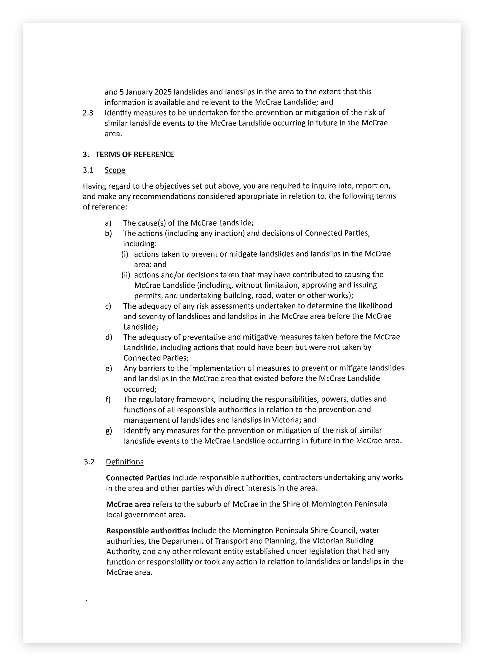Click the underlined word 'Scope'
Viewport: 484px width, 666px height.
pyautogui.click(x=115, y=170)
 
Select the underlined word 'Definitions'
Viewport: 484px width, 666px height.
pyautogui.click(x=125, y=462)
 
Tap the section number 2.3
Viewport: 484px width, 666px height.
pyautogui.click(x=88, y=113)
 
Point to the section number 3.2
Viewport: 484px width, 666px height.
pyautogui.click(x=89, y=462)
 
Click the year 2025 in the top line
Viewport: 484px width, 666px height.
pyautogui.click(x=163, y=92)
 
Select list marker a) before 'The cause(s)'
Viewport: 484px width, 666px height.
pyautogui.click(x=108, y=223)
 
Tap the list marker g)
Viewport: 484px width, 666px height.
pyautogui.click(x=109, y=431)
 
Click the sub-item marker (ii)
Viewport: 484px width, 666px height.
pyautogui.click(x=126, y=275)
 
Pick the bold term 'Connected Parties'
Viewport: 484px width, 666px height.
pyautogui.click(x=138, y=478)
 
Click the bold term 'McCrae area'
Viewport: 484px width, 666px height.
pyautogui.click(x=128, y=504)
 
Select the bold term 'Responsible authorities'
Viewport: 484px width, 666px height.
pyautogui.click(x=148, y=531)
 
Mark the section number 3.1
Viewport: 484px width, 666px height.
pyautogui.click(x=88, y=170)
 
